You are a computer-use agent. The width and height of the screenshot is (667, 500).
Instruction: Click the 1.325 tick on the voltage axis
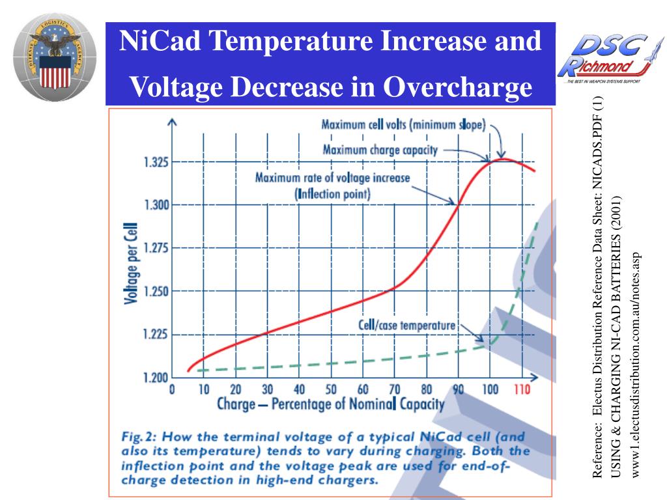point(156,162)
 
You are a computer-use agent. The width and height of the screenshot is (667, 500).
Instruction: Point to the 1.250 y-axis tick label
point(156,291)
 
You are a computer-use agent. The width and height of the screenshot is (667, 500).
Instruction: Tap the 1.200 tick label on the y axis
point(156,378)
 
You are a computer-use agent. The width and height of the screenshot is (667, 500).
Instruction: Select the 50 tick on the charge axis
point(332,390)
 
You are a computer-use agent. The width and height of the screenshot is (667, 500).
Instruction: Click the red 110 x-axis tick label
point(521,390)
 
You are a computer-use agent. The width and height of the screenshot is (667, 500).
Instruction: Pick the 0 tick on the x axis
point(172,390)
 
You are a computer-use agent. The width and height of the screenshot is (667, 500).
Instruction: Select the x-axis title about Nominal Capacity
point(330,404)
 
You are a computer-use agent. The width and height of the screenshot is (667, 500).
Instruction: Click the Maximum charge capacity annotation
point(380,150)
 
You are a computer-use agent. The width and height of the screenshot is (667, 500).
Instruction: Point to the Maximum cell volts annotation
point(404,125)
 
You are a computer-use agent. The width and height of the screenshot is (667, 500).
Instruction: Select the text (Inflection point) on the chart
point(332,193)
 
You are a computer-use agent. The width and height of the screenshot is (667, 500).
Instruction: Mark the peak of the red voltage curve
point(502,158)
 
